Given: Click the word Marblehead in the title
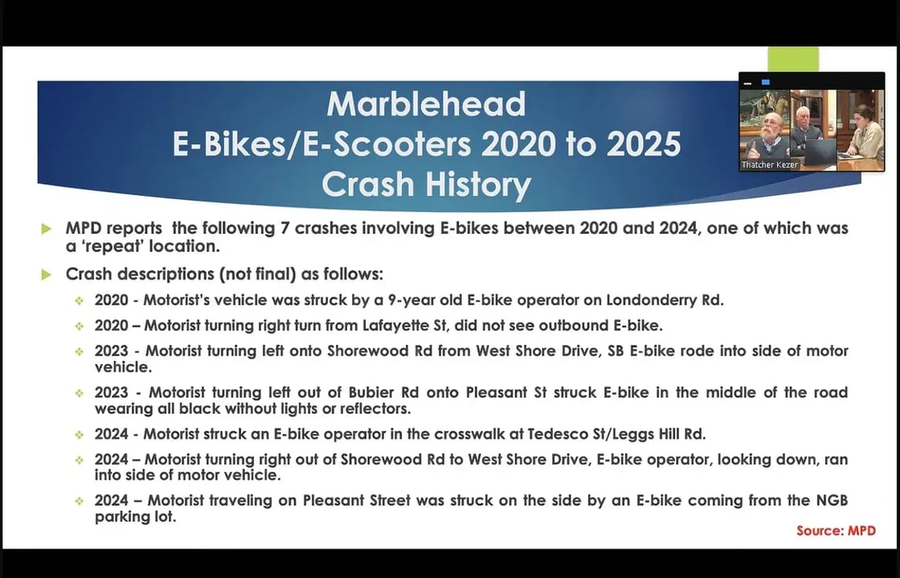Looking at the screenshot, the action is coord(426,104).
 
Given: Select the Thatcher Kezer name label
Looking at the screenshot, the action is coord(769,165).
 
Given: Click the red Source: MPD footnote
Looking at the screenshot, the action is coord(836,531).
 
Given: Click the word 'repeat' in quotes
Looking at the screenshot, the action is coord(109,246).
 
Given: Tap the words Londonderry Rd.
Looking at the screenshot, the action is coord(665,300).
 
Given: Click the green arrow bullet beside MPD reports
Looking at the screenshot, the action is coord(47,229).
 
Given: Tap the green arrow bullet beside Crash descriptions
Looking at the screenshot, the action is coord(47,275).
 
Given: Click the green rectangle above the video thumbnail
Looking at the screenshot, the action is coord(793,59).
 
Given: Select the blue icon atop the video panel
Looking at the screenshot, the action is coord(765,83).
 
